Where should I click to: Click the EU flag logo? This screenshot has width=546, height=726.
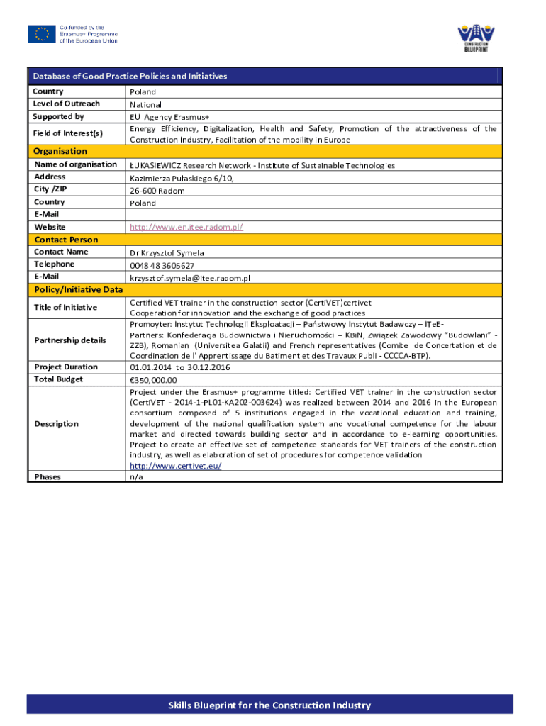(x=42, y=34)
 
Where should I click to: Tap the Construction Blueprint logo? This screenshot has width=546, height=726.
(x=476, y=38)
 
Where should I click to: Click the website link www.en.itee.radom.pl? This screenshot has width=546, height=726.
(x=186, y=227)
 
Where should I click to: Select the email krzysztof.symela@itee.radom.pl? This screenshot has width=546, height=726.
(x=189, y=277)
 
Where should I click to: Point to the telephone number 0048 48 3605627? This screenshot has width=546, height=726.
(x=162, y=265)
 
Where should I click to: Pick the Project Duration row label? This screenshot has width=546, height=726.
(x=66, y=367)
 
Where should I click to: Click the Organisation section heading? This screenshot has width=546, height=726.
(x=60, y=151)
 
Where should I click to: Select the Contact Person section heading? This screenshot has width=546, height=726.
(x=66, y=240)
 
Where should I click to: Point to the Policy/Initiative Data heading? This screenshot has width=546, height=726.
(x=78, y=289)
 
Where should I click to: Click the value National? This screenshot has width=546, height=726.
(x=145, y=104)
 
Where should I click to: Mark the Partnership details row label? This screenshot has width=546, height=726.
(x=70, y=340)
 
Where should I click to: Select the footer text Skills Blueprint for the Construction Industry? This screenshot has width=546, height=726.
(x=269, y=705)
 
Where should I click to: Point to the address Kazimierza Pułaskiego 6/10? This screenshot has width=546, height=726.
(x=182, y=178)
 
